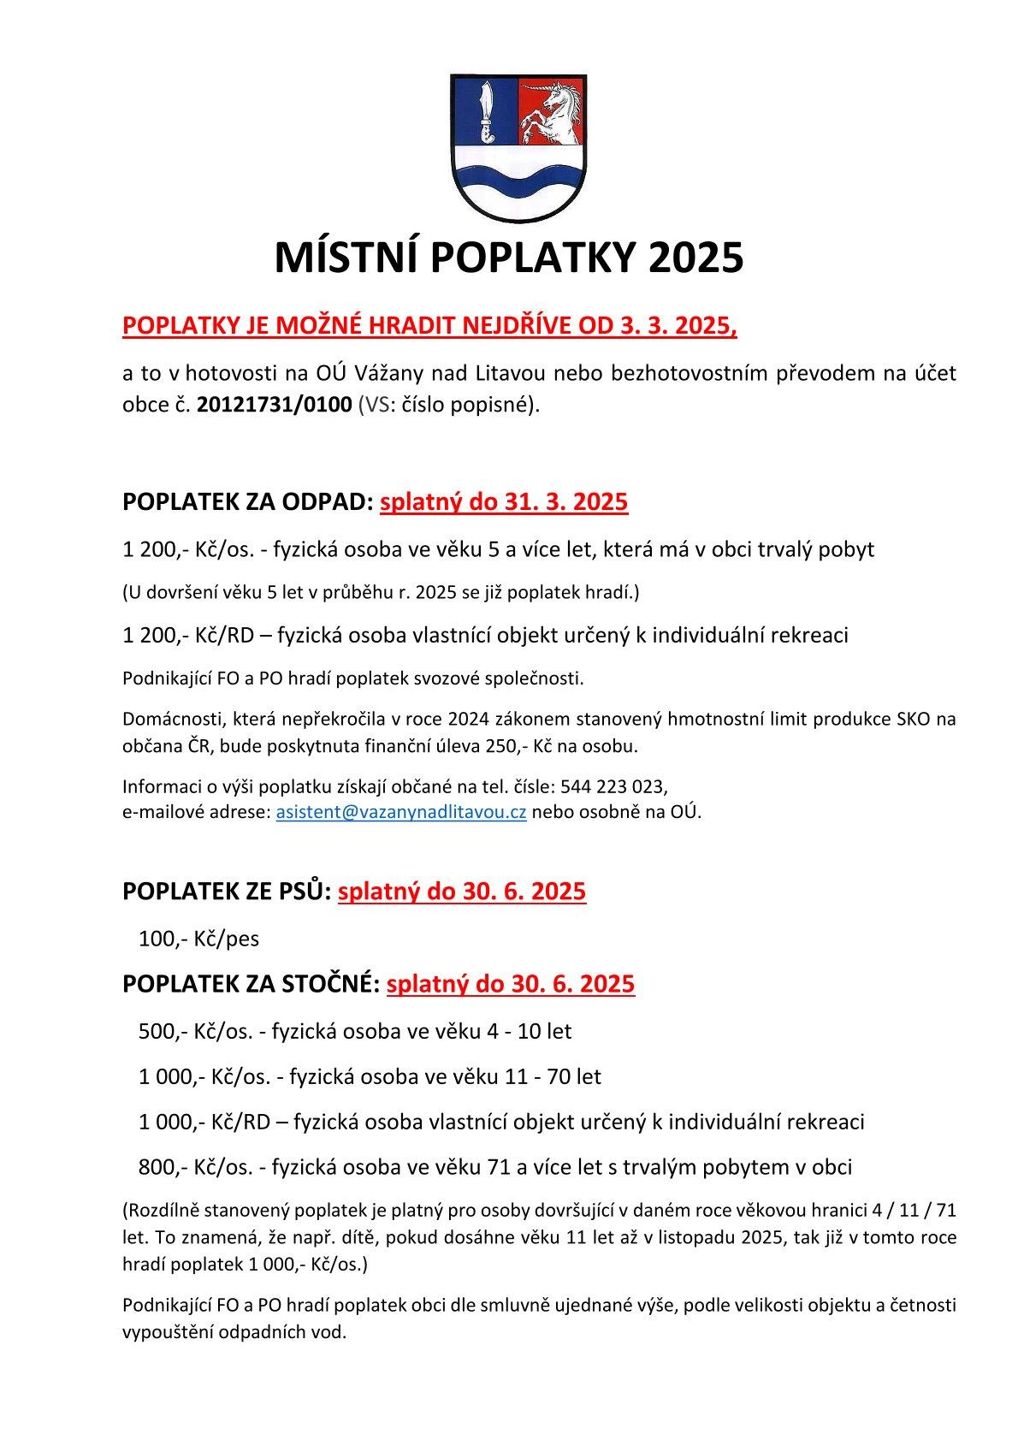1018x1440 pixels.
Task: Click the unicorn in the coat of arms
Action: [x=553, y=112]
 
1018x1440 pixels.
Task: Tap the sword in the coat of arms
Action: [x=487, y=110]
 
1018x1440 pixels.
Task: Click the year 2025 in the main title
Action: [x=695, y=258]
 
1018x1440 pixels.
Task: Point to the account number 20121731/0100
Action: [x=274, y=405]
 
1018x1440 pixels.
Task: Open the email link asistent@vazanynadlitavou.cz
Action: [x=400, y=812]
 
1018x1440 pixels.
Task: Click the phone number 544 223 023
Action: [x=613, y=785]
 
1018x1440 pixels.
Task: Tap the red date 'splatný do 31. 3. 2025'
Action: [x=504, y=501]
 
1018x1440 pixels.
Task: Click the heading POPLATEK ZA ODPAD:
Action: [x=248, y=501]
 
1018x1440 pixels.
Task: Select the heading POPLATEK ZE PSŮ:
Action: [x=227, y=892]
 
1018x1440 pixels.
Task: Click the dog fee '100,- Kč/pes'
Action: [x=198, y=939]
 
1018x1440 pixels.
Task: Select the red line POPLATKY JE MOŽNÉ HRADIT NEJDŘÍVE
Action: [x=429, y=326]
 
